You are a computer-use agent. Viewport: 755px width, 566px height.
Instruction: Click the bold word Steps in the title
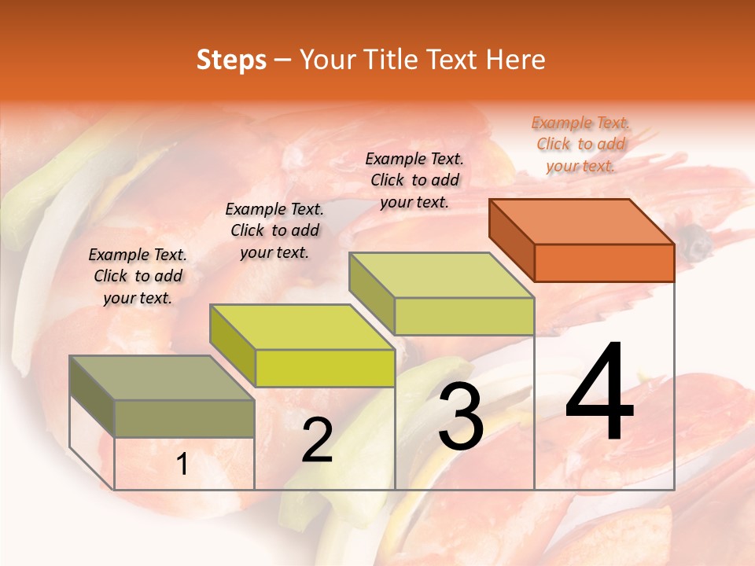point(231,60)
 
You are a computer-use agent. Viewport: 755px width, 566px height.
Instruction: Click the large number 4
point(599,392)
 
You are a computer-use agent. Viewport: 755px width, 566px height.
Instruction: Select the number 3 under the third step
point(461,417)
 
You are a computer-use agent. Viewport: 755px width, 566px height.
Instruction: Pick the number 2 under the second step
point(317,440)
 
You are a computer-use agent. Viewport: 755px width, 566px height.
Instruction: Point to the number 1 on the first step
point(182,465)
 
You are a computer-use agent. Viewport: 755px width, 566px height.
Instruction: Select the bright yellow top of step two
point(302,326)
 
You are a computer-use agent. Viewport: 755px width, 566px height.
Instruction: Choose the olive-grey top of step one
point(161,378)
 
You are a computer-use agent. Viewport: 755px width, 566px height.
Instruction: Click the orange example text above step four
point(581,144)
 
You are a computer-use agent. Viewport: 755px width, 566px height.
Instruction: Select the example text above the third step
point(414,180)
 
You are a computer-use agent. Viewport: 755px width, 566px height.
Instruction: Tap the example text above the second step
point(274,230)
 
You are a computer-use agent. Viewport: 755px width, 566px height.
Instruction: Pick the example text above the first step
point(138,276)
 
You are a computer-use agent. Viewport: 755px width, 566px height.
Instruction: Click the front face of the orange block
point(604,263)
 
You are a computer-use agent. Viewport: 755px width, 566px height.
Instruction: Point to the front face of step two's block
point(325,368)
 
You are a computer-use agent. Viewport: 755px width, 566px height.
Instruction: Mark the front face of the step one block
point(185,418)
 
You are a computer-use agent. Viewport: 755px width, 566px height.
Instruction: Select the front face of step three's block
point(464,316)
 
